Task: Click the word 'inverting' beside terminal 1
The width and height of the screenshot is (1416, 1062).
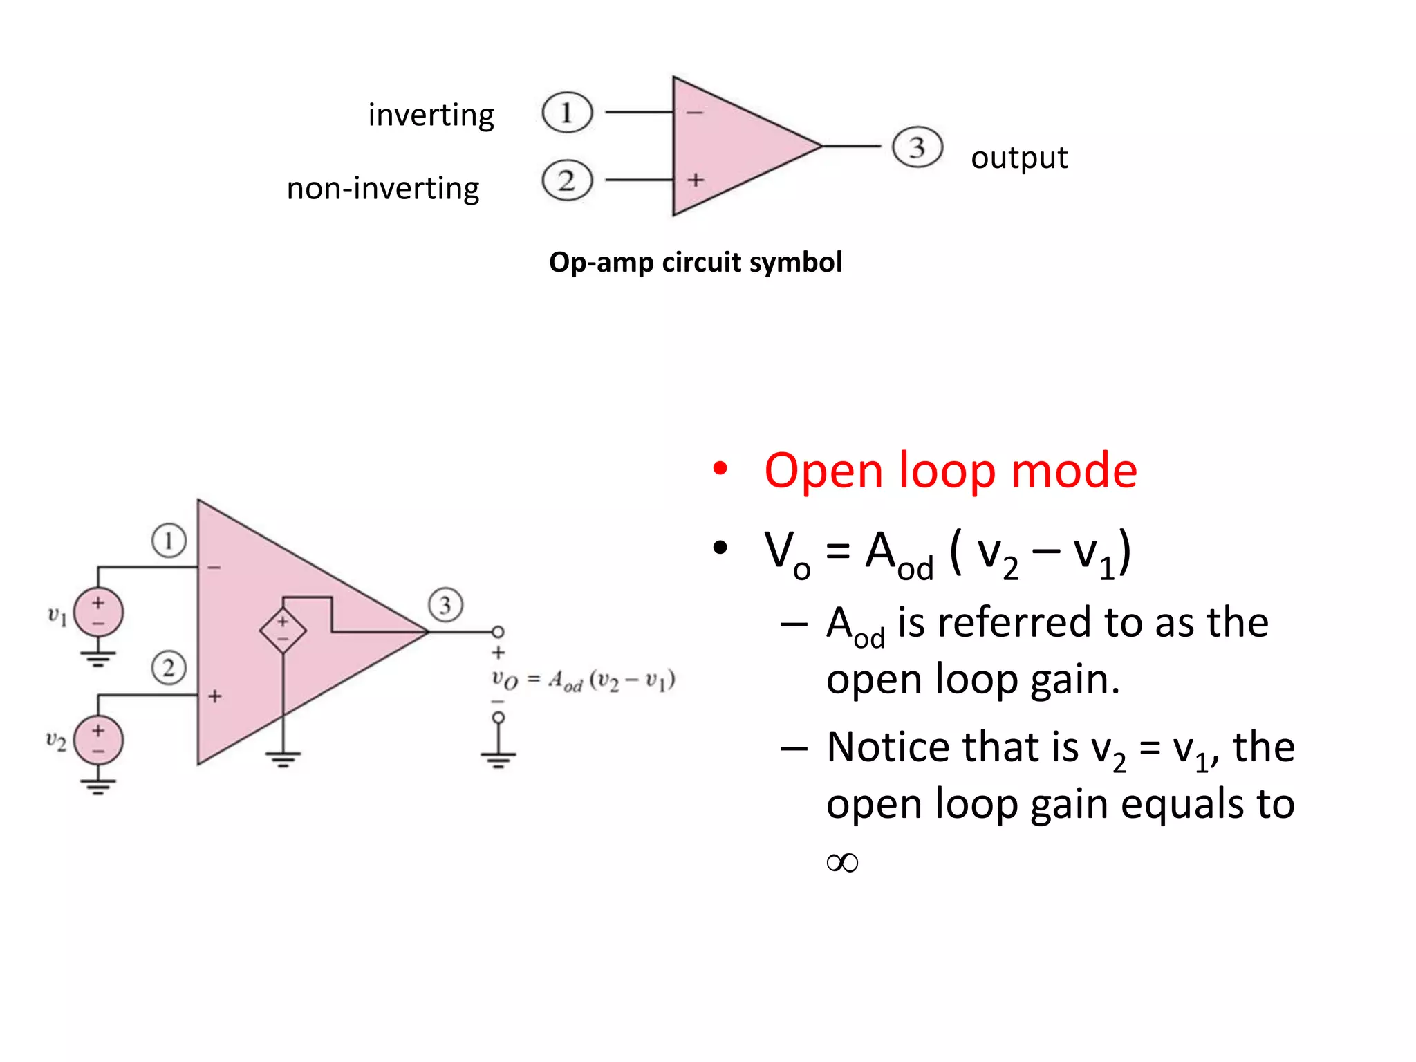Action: pyautogui.click(x=431, y=115)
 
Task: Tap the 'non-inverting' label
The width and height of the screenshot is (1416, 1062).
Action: pyautogui.click(x=382, y=189)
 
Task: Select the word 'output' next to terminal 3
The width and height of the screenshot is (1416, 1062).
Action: pyautogui.click(x=1018, y=158)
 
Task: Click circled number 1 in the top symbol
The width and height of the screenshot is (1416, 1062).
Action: pyautogui.click(x=567, y=112)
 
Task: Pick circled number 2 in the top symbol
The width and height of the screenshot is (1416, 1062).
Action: pyautogui.click(x=567, y=180)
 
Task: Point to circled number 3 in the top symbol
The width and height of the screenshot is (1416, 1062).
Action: pyautogui.click(x=917, y=147)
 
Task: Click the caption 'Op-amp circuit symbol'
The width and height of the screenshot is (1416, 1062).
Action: pyautogui.click(x=695, y=263)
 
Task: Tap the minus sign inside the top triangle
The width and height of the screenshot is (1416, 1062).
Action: pyautogui.click(x=695, y=113)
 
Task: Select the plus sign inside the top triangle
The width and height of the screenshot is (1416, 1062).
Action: pyautogui.click(x=695, y=180)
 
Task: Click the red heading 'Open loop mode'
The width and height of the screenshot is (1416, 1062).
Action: pyautogui.click(x=950, y=471)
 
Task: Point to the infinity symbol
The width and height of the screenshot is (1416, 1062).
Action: pyautogui.click(x=842, y=862)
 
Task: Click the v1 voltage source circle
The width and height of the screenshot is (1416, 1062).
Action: pyautogui.click(x=98, y=613)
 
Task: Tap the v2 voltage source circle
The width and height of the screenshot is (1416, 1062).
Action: pyautogui.click(x=98, y=740)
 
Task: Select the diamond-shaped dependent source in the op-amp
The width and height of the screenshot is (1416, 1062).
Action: pyautogui.click(x=283, y=631)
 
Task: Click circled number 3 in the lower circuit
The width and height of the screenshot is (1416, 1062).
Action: pyautogui.click(x=445, y=605)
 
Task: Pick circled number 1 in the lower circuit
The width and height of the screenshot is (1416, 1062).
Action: pyautogui.click(x=169, y=541)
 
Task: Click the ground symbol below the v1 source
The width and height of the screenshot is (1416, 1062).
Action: pyautogui.click(x=98, y=658)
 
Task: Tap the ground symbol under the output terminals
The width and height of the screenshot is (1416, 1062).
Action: pyautogui.click(x=498, y=761)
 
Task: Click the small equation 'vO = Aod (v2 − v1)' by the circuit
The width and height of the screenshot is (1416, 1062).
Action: pyautogui.click(x=582, y=680)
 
